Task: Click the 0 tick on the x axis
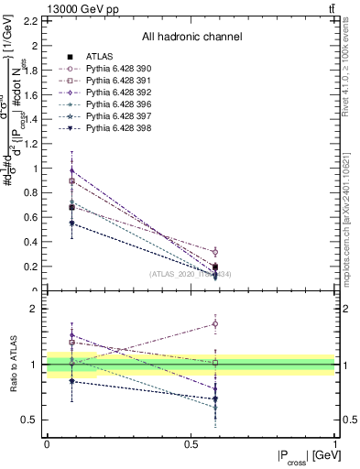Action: [47, 443]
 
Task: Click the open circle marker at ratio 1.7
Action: [215, 323]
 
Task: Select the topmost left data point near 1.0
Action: [71, 170]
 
